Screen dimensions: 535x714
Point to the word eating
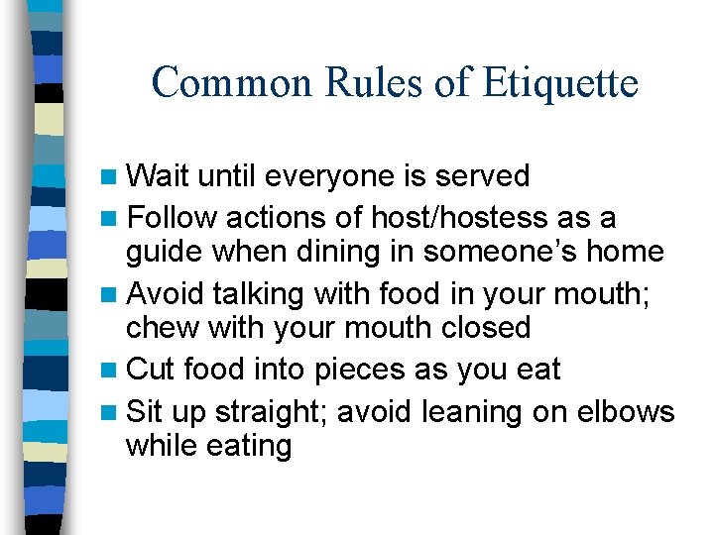(249, 447)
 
